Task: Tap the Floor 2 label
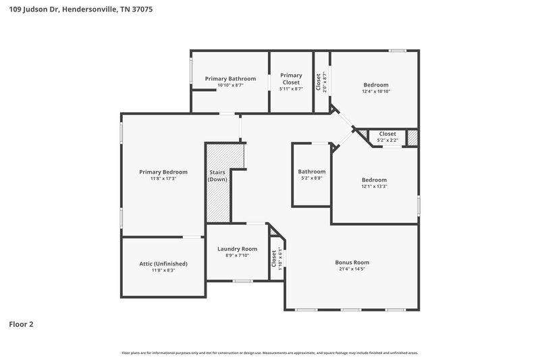pos(21,324)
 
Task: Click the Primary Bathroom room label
pos(230,79)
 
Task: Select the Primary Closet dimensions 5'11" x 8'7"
pos(291,88)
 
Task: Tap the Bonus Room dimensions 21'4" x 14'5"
pos(352,268)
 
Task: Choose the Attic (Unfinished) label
pos(163,263)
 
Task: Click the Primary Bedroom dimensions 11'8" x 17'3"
pos(163,178)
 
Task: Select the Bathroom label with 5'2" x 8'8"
pos(311,172)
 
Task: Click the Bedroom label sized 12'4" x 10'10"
pos(376,84)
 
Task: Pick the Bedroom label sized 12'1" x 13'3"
pos(374,180)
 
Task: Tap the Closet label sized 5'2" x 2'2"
pos(387,134)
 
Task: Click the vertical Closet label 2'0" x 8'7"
pos(319,81)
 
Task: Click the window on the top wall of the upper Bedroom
pos(398,51)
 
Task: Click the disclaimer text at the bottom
pos(270,353)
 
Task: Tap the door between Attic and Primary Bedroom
pos(192,236)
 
